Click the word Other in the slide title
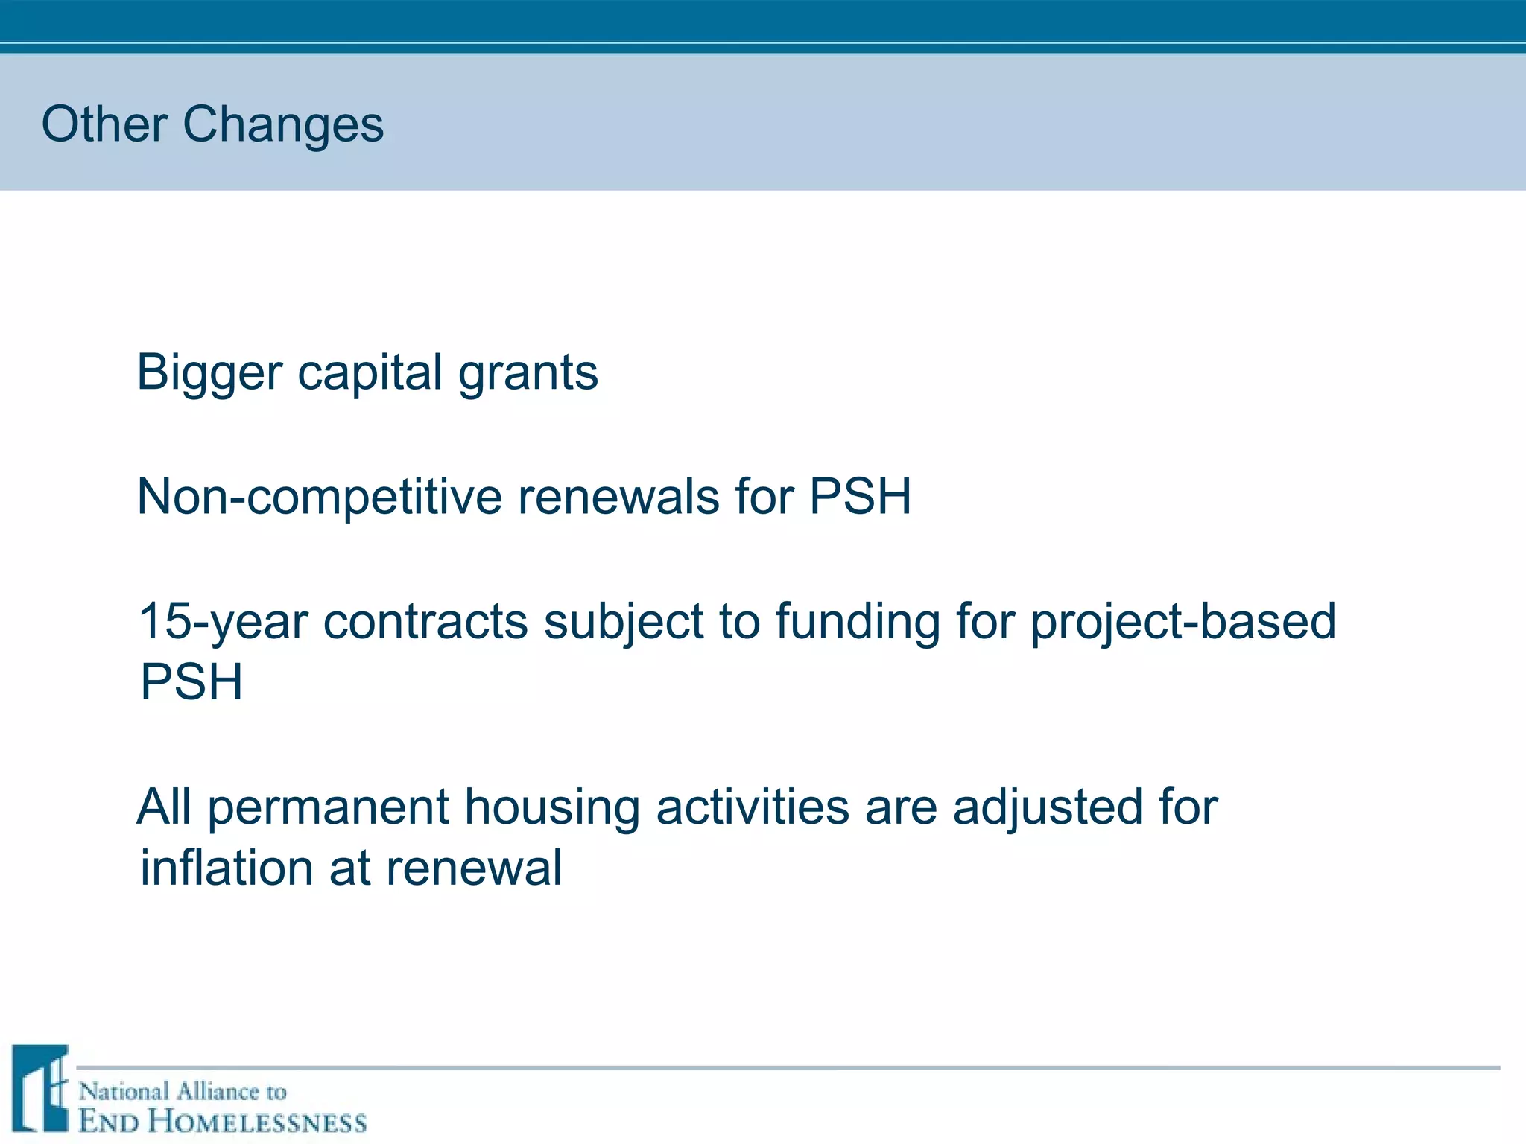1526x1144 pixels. pyautogui.click(x=104, y=124)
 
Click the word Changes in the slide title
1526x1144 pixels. pyautogui.click(x=283, y=125)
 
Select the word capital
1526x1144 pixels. pyautogui.click(x=370, y=372)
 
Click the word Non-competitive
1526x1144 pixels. pyautogui.click(x=320, y=497)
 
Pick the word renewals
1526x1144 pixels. pyautogui.click(x=619, y=497)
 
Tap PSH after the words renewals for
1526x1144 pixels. pyautogui.click(x=860, y=497)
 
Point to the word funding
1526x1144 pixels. pyautogui.click(x=858, y=622)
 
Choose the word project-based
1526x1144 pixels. pyautogui.click(x=1183, y=622)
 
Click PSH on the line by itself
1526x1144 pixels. pyautogui.click(x=191, y=682)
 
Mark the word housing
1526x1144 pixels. pyautogui.click(x=552, y=808)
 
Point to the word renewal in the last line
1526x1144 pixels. pyautogui.click(x=473, y=868)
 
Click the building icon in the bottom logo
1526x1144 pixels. pyautogui.click(x=40, y=1088)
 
